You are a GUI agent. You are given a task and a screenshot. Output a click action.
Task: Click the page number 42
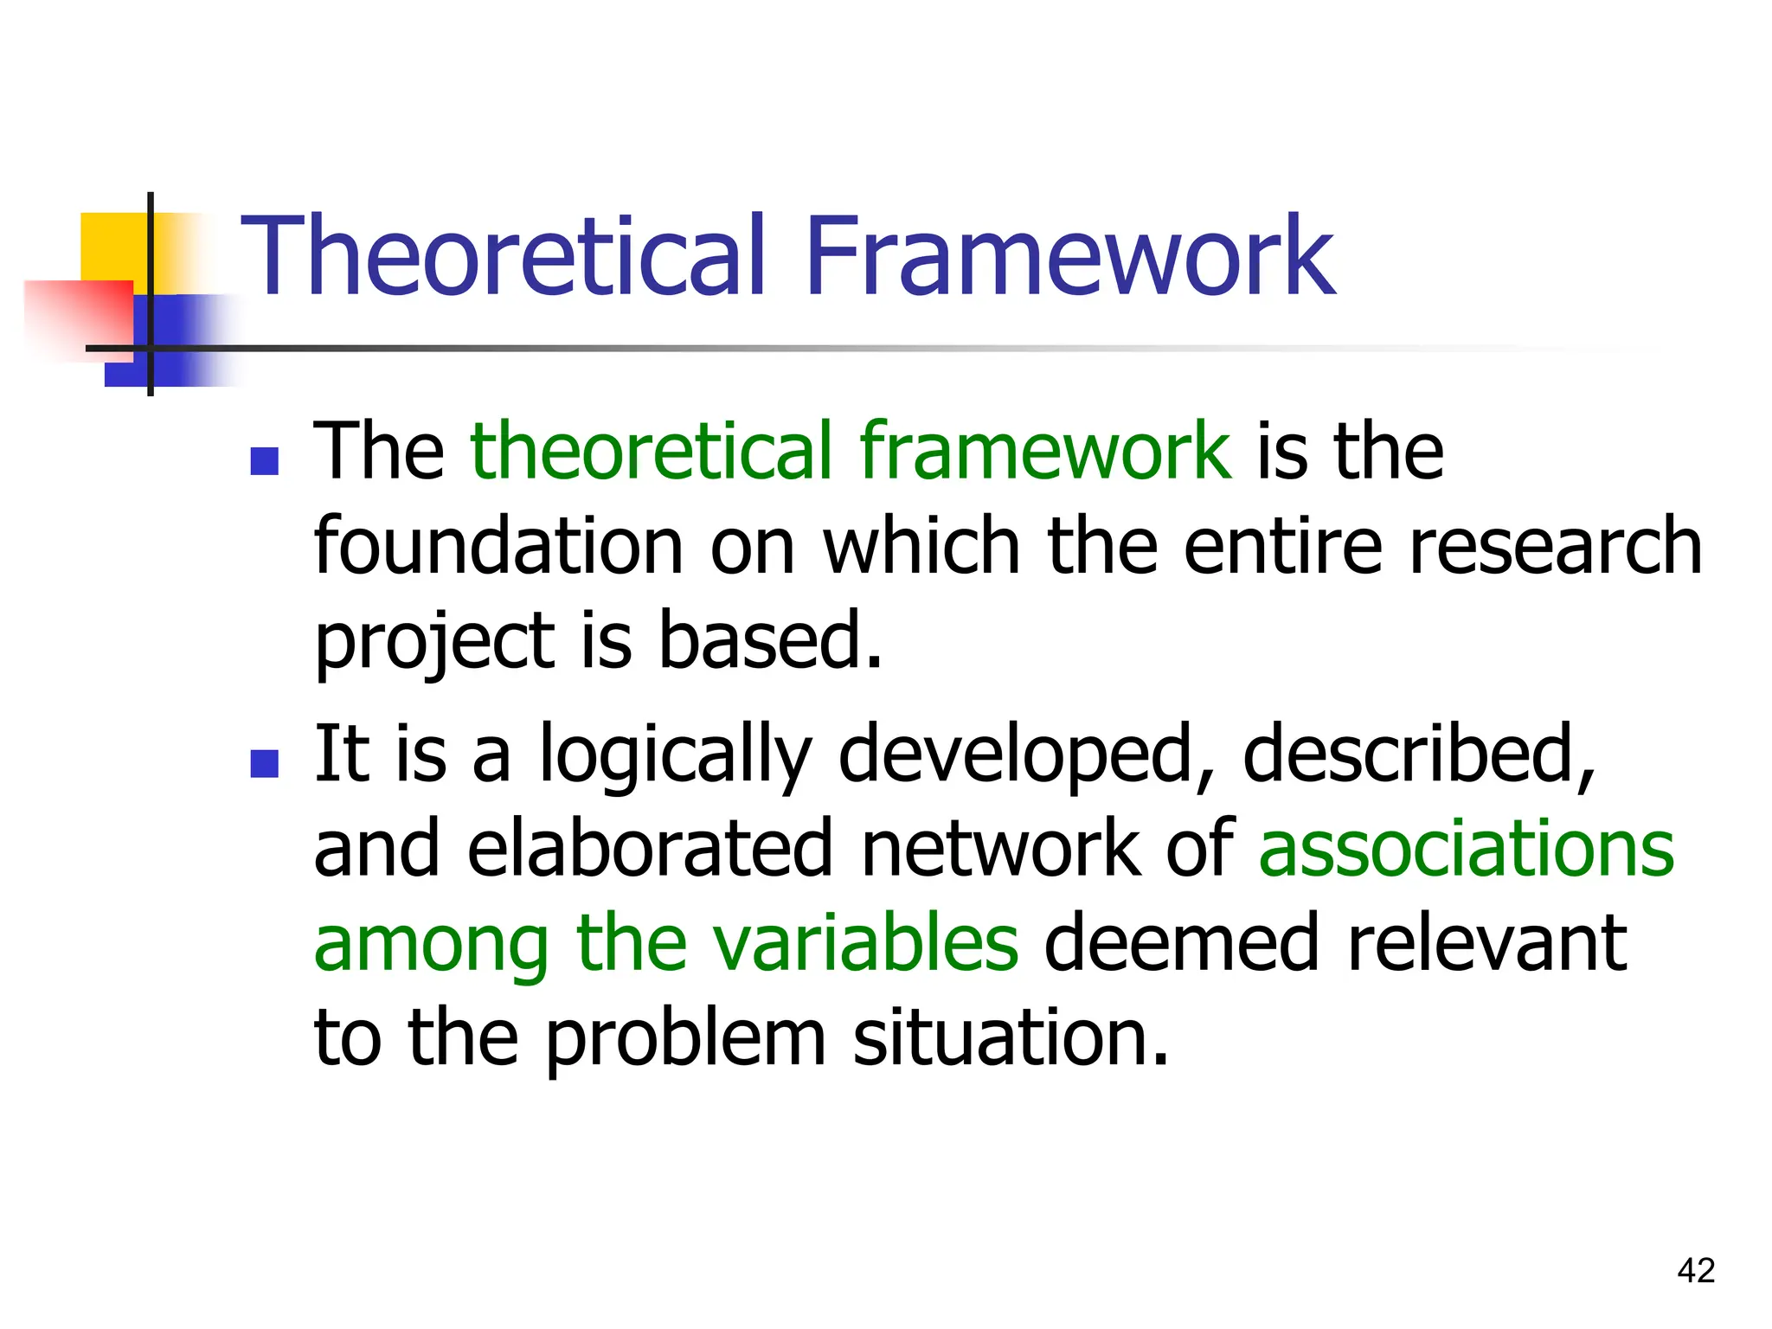coord(1695,1270)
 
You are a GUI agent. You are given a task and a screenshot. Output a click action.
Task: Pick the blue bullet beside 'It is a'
coord(264,763)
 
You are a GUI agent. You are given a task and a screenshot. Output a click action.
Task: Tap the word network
coord(999,848)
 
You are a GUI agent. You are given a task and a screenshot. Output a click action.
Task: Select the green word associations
coord(1467,848)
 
